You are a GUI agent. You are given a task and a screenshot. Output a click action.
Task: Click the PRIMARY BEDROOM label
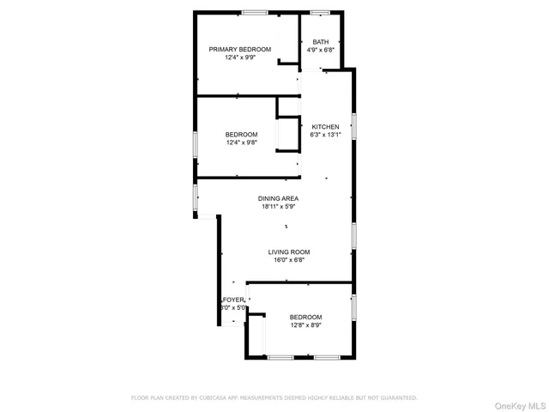(240, 49)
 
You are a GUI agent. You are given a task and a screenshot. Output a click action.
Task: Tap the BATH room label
(320, 42)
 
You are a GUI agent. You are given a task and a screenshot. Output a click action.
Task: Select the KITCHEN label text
(325, 126)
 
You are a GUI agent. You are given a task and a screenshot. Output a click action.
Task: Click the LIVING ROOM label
(288, 251)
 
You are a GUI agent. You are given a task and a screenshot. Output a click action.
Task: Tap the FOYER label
(233, 300)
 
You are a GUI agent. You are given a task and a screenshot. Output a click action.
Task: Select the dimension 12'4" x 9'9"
(240, 58)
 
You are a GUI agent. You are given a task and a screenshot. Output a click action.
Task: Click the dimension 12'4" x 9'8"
(241, 142)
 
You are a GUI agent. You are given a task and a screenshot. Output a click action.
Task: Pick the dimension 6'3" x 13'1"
(325, 135)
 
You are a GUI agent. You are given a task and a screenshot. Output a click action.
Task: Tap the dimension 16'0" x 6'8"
(288, 259)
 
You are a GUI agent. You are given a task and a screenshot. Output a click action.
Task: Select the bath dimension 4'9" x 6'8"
(320, 50)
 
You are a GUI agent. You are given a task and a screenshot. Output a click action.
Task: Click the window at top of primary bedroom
(254, 12)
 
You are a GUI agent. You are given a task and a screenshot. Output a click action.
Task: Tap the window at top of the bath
(321, 12)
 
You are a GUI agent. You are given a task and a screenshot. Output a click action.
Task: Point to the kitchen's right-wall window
(353, 126)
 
